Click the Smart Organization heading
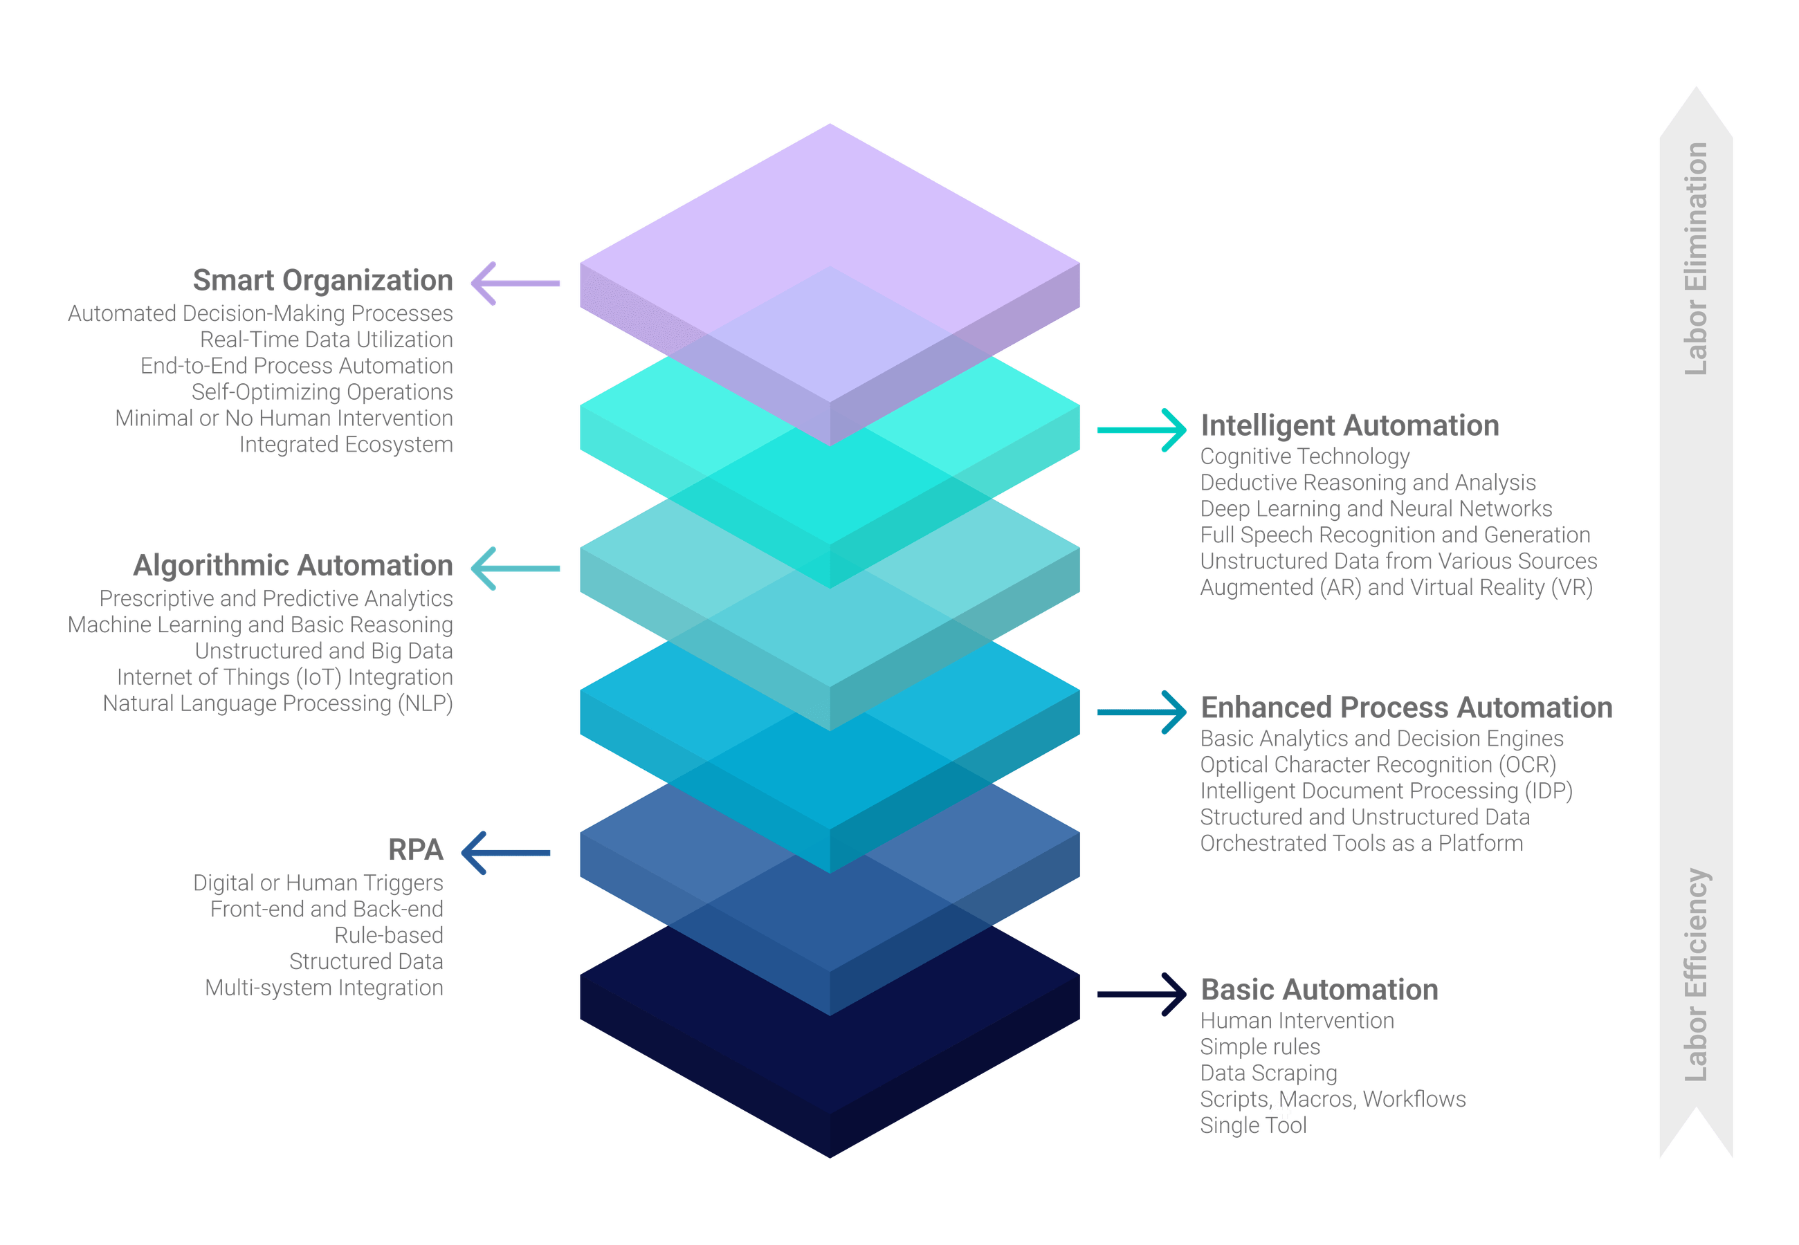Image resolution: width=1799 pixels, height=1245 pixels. coord(322,281)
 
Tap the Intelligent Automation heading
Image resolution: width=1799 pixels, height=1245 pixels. coord(1350,426)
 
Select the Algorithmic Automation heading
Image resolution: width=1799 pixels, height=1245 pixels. coord(293,566)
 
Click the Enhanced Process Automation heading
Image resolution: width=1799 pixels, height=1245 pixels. coord(1407,708)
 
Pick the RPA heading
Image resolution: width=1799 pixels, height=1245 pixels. coord(416,850)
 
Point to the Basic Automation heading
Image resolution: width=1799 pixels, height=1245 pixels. coord(1320,990)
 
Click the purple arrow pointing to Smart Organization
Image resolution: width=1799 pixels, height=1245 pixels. coord(515,283)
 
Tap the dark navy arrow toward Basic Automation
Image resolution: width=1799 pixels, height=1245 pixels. coord(1142,994)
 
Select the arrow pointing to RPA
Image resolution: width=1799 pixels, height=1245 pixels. coord(506,853)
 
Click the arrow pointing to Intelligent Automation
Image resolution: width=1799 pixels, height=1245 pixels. coord(1142,430)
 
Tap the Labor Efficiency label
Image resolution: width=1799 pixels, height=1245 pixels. coord(1696,975)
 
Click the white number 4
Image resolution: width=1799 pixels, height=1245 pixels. coord(1280,1109)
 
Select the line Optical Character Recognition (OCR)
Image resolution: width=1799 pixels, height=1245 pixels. coord(1378,764)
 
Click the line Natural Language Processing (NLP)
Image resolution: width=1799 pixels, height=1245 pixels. coord(277,703)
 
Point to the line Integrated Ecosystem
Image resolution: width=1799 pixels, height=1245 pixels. coord(347,445)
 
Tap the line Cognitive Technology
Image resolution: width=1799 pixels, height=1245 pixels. coord(1304,456)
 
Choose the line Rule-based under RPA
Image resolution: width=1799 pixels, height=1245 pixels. coord(388,935)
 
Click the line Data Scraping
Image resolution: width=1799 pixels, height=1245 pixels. coord(1268,1073)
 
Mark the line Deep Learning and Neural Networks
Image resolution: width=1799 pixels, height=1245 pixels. coord(1376,508)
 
